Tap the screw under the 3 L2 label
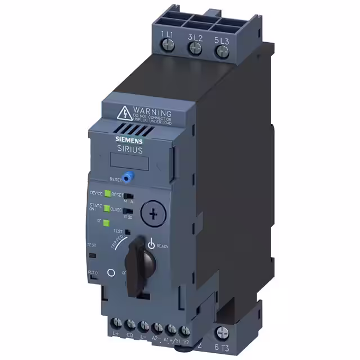(196, 49)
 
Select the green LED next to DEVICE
(106, 193)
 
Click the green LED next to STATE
(106, 208)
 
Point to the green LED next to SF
(106, 222)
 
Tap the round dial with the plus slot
(151, 213)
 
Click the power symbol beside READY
(151, 244)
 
